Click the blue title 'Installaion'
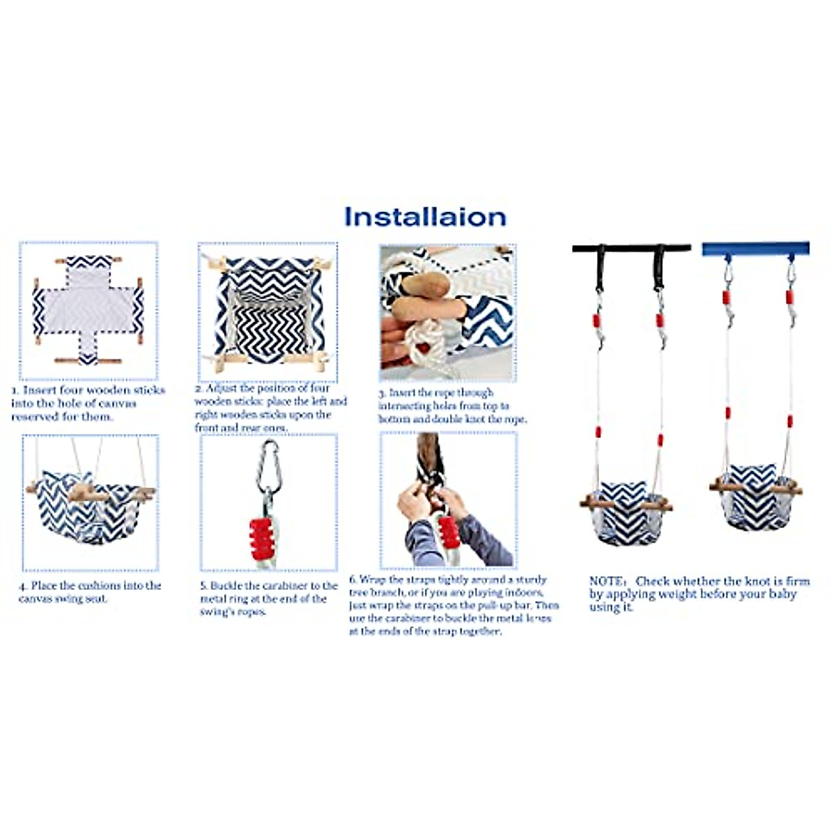click(425, 217)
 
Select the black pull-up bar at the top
click(631, 248)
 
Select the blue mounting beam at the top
click(756, 248)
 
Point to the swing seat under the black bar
click(625, 512)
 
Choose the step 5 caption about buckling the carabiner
click(268, 598)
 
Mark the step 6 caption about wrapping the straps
click(453, 605)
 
